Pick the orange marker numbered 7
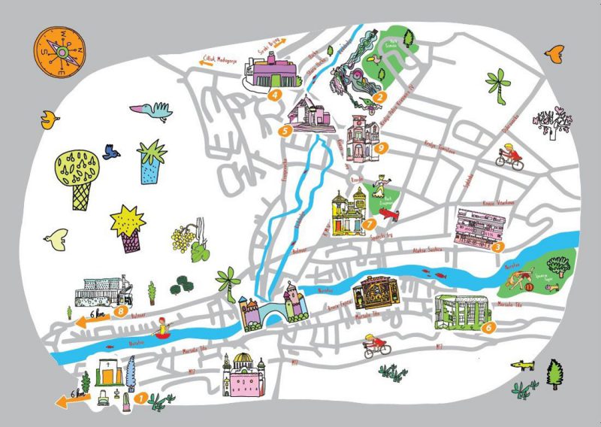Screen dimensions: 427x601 (x=368, y=224)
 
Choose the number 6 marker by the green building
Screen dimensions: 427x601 (x=488, y=327)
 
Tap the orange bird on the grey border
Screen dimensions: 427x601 (x=556, y=53)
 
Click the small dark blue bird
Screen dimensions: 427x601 (x=112, y=152)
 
